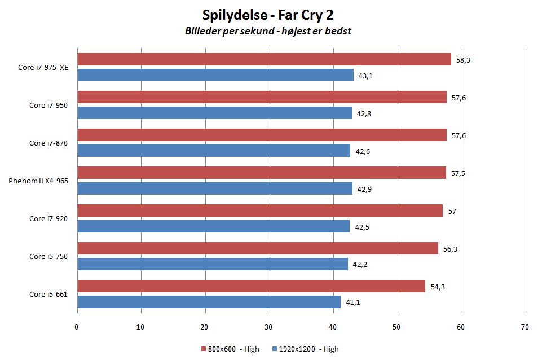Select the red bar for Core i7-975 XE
(x=264, y=59)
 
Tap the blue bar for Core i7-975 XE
(x=215, y=75)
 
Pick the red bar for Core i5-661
(x=251, y=286)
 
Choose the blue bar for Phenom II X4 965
(x=215, y=188)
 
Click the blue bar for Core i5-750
(x=213, y=264)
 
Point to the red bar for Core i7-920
(x=260, y=210)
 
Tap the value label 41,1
(x=353, y=302)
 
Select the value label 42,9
(x=365, y=188)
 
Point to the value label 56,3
(x=449, y=248)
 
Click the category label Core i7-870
(x=48, y=143)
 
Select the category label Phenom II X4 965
(x=38, y=181)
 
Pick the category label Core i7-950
(x=48, y=105)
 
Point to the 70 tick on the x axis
(x=525, y=326)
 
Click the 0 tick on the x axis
(x=77, y=326)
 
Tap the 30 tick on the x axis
(x=269, y=326)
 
